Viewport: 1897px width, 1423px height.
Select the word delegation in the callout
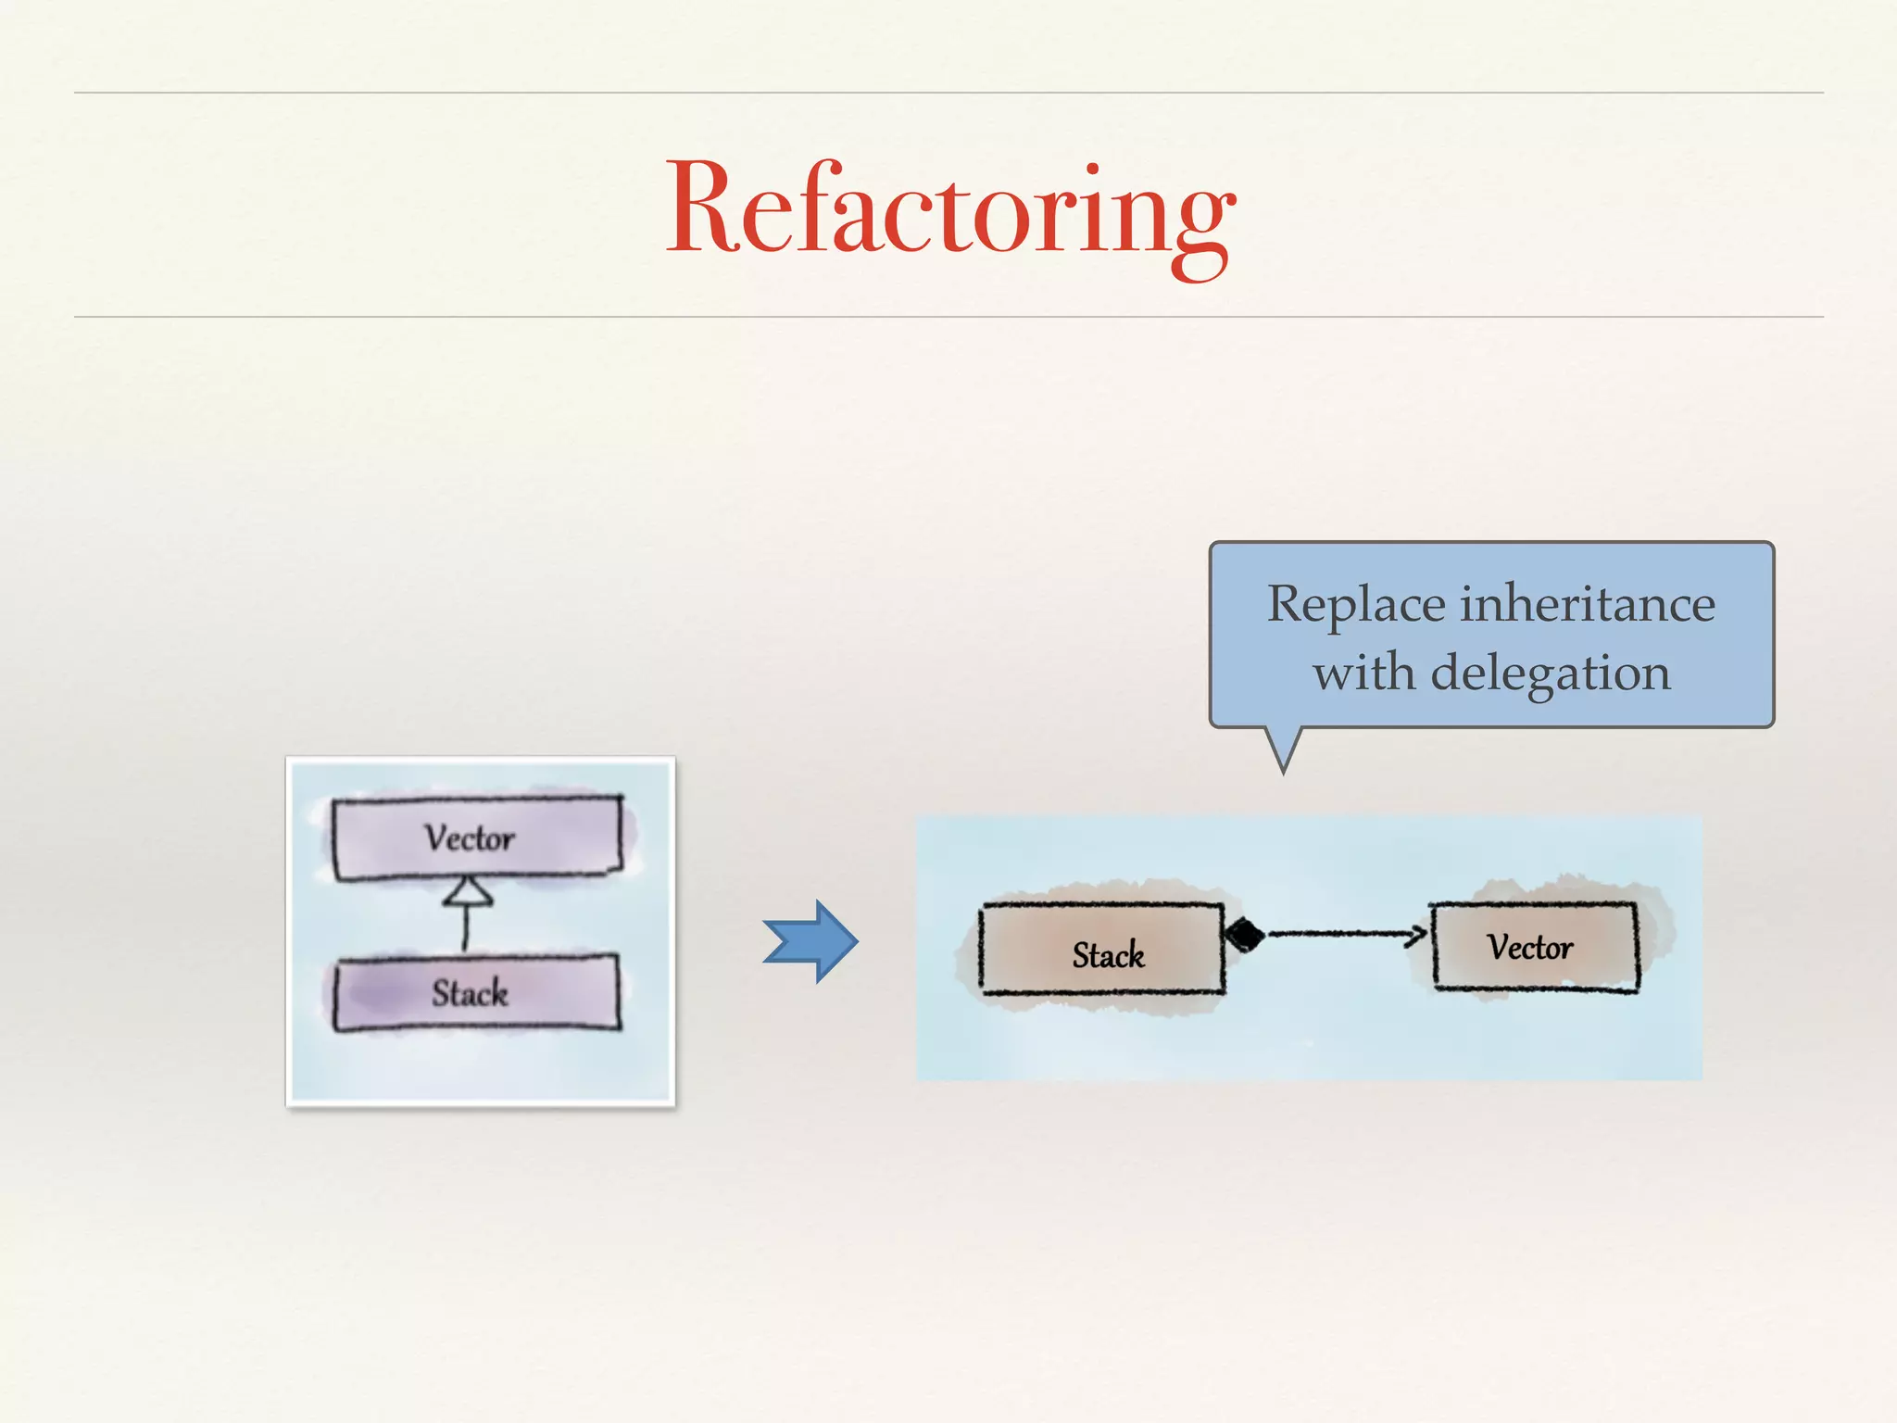click(x=1551, y=673)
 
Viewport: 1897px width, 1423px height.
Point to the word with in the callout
click(x=1365, y=673)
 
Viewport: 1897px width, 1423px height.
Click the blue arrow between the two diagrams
click(x=811, y=941)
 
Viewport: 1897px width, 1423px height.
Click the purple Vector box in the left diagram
click(x=477, y=837)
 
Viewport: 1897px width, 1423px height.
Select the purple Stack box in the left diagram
click(x=476, y=993)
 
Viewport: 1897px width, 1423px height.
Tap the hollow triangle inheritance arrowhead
click(x=469, y=891)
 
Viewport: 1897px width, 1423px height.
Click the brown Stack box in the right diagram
click(x=1102, y=950)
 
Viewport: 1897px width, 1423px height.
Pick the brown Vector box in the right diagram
click(x=1535, y=947)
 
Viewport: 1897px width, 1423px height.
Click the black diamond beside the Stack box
click(x=1245, y=935)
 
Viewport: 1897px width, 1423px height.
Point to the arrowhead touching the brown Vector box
click(x=1418, y=935)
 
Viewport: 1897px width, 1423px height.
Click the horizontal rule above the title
click(x=948, y=93)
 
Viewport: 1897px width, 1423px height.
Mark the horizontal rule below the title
click(x=948, y=317)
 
